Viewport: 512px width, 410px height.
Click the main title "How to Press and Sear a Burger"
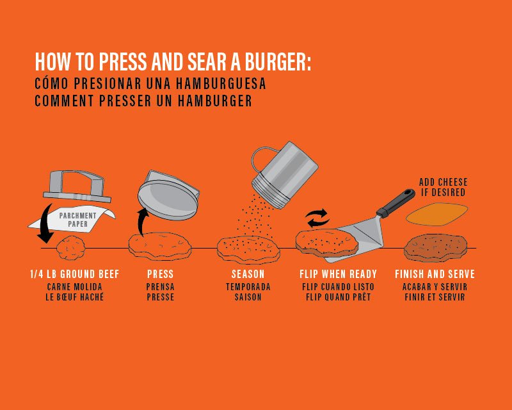[x=173, y=62]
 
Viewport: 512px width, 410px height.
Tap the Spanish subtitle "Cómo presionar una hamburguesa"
[x=150, y=85]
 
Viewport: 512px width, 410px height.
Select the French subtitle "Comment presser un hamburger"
[x=143, y=101]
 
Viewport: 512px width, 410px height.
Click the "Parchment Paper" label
[x=79, y=220]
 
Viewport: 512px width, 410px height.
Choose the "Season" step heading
[x=248, y=274]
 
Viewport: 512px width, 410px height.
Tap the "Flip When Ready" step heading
[x=338, y=274]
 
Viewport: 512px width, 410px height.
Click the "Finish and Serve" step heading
[x=435, y=274]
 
